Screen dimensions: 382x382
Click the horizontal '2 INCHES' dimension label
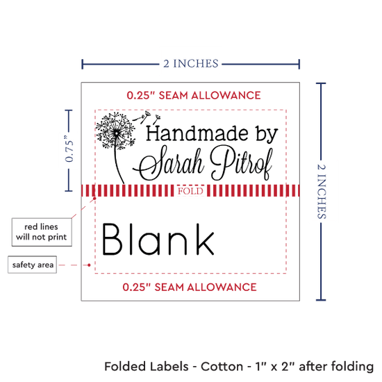tap(191, 64)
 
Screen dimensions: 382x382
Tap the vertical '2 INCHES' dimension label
tap(322, 192)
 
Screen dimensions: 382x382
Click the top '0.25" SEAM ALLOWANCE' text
tap(194, 95)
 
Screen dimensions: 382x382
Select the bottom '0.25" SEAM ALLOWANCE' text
tap(190, 288)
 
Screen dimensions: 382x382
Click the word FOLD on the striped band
tap(190, 191)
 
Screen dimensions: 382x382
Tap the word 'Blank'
tap(158, 240)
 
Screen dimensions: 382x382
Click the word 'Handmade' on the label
tap(197, 133)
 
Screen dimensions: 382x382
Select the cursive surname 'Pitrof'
tap(242, 163)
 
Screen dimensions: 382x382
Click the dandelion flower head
tap(115, 131)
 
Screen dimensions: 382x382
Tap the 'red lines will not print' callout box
tap(42, 232)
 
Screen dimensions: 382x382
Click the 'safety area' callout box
tap(33, 265)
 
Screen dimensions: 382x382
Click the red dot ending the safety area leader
tap(89, 265)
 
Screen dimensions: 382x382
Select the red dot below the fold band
tap(94, 199)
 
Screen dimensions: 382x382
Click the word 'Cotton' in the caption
tap(222, 367)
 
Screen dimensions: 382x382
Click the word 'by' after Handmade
tap(267, 135)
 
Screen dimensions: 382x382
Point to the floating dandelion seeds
tap(147, 117)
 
